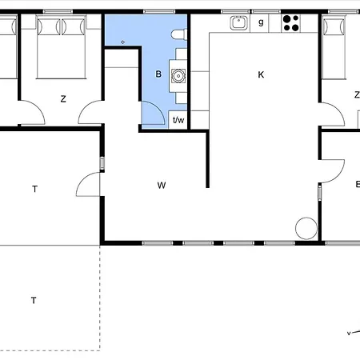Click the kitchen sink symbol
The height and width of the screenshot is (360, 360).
pyautogui.click(x=238, y=22)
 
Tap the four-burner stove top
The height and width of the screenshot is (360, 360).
pyautogui.click(x=291, y=23)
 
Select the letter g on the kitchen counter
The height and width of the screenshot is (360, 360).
pyautogui.click(x=261, y=22)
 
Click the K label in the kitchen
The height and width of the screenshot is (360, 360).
pyautogui.click(x=261, y=74)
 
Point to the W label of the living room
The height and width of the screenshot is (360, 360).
pyautogui.click(x=162, y=185)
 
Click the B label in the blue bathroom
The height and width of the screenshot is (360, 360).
pyautogui.click(x=158, y=74)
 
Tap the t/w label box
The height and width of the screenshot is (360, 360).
pyautogui.click(x=178, y=120)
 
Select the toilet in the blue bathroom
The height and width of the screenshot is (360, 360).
pyautogui.click(x=179, y=34)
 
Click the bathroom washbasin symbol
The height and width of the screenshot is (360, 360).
pyautogui.click(x=178, y=76)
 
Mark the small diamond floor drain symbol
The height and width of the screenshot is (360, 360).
pyautogui.click(x=122, y=42)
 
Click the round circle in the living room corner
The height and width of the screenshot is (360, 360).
pyautogui.click(x=306, y=228)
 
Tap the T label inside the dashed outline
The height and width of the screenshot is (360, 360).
pyautogui.click(x=34, y=301)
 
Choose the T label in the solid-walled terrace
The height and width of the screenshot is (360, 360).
pyautogui.click(x=34, y=189)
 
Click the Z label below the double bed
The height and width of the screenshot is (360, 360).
pyautogui.click(x=63, y=99)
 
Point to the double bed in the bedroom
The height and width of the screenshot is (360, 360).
pyautogui.click(x=61, y=47)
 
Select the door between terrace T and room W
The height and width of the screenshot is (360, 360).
pyautogui.click(x=88, y=184)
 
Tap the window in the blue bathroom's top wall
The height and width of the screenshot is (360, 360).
pyautogui.click(x=159, y=12)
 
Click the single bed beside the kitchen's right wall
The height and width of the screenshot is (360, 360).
pyautogui.click(x=334, y=47)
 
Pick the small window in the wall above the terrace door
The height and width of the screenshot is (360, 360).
pyautogui.click(x=102, y=163)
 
